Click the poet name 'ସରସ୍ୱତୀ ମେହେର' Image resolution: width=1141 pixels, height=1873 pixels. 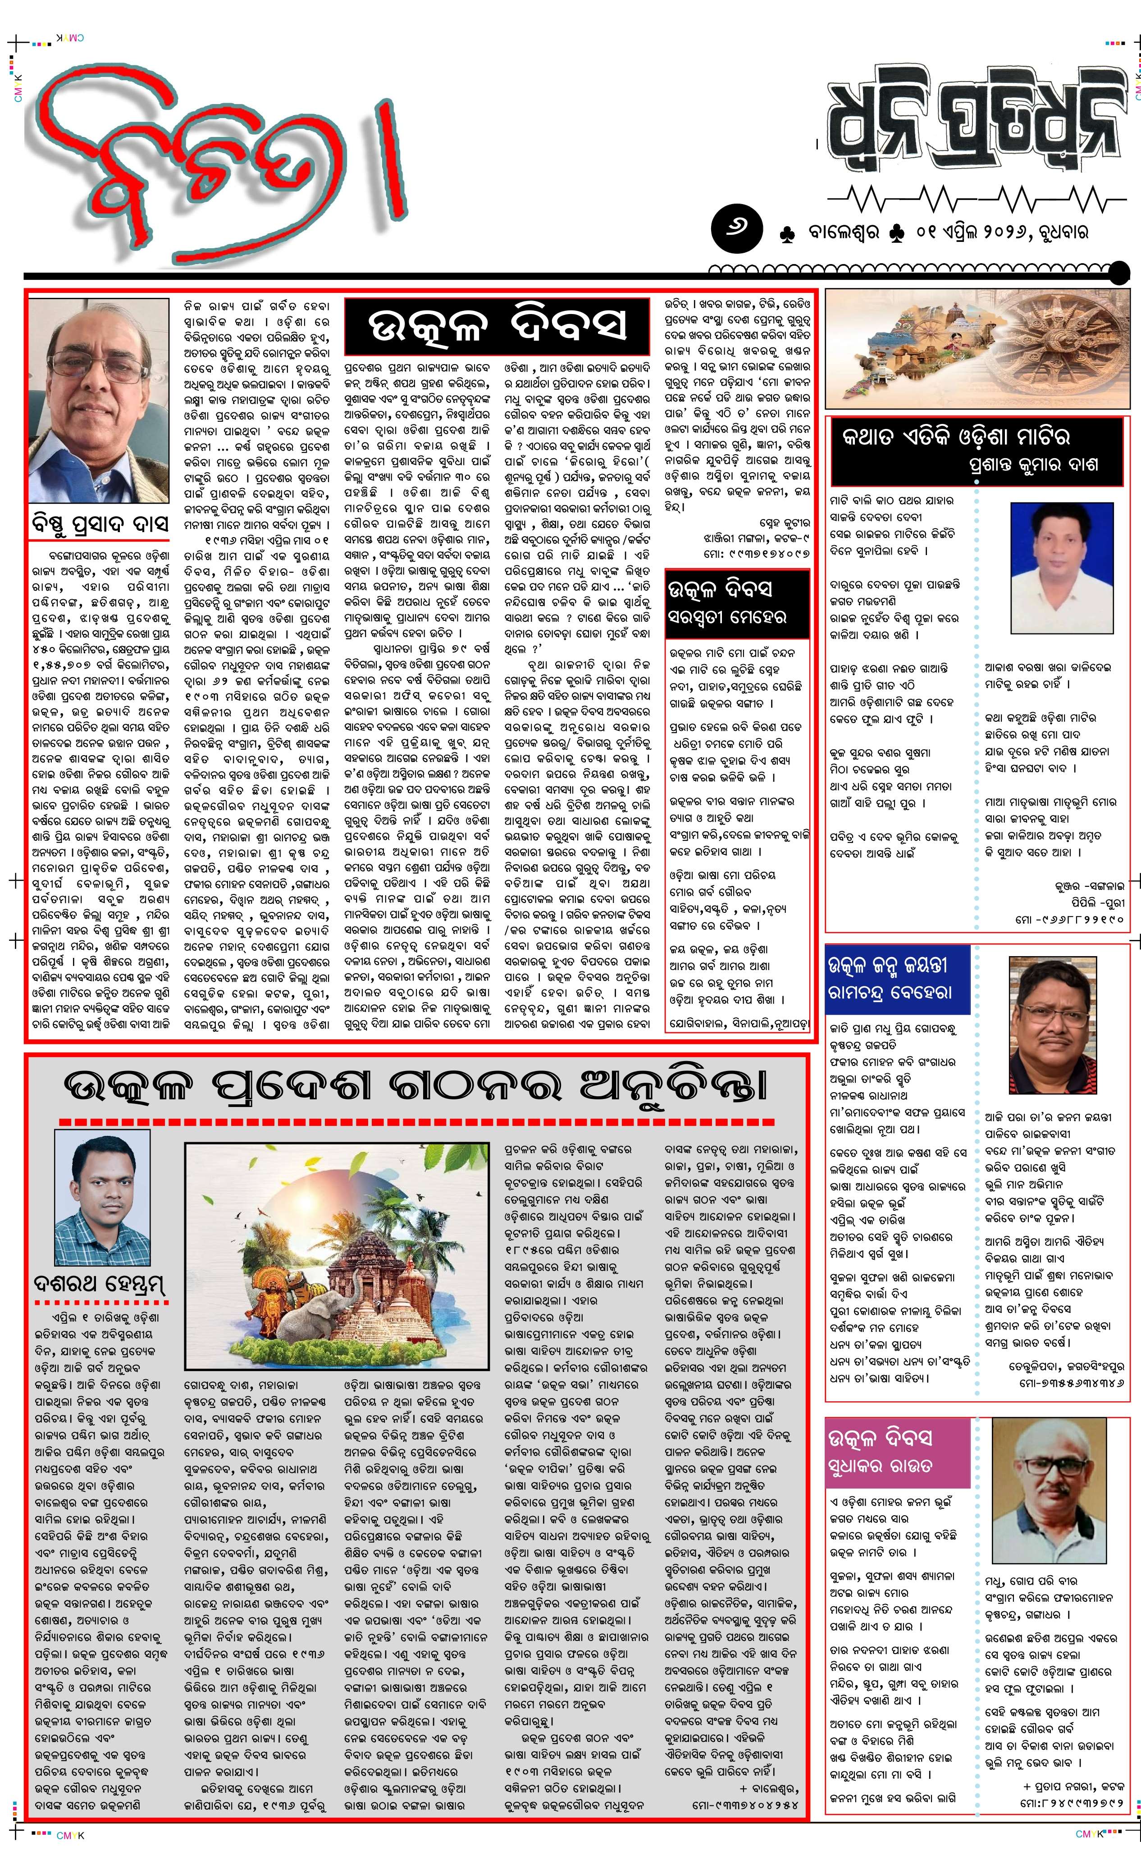click(x=727, y=617)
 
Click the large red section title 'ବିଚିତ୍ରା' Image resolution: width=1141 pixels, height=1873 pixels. click(x=213, y=160)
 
